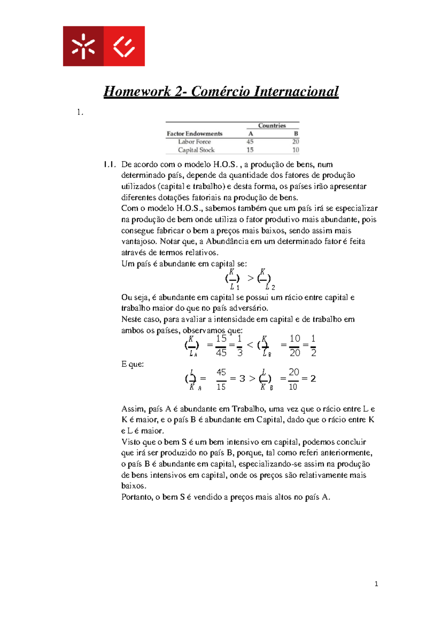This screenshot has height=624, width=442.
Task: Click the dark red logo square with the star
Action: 83,46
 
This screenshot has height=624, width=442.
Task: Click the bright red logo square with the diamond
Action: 124,46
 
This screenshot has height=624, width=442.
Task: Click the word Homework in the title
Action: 137,91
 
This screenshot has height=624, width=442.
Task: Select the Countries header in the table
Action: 272,125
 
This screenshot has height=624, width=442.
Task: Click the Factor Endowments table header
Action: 194,134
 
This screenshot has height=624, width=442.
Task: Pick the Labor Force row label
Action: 194,142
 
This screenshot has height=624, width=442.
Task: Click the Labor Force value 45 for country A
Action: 250,142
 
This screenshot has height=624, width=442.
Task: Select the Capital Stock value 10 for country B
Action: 295,150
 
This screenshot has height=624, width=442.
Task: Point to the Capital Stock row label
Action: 196,150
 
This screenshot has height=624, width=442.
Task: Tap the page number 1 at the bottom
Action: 376,584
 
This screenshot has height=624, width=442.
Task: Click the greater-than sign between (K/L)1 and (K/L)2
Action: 250,278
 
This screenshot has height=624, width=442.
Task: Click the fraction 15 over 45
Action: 221,345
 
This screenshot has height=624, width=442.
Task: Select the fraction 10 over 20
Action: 295,345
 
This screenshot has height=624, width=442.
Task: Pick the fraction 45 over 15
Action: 221,379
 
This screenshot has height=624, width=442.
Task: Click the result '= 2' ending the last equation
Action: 309,379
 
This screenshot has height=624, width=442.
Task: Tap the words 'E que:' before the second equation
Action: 132,364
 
